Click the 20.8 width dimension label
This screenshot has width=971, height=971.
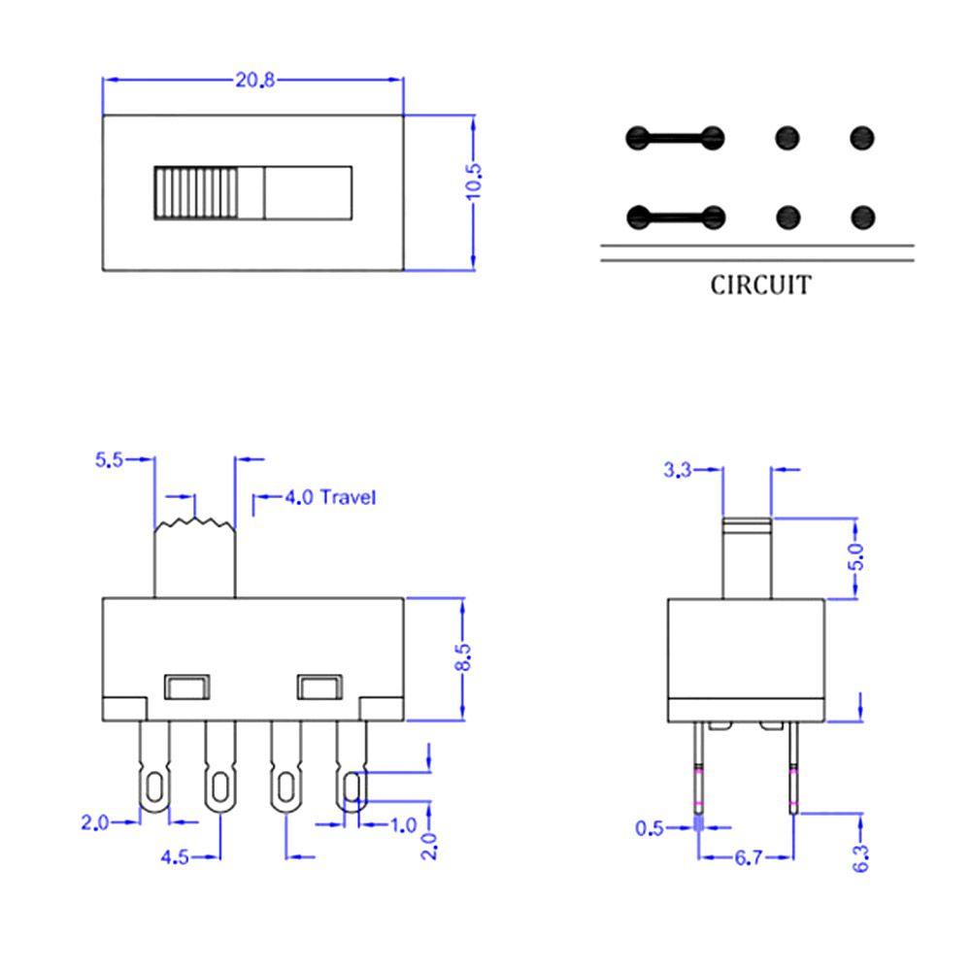coord(254,81)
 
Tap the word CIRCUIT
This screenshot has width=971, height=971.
coord(759,285)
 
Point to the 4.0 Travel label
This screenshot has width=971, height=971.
coord(329,498)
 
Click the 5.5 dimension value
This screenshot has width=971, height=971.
coord(109,460)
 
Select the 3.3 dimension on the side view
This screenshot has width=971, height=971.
coord(677,470)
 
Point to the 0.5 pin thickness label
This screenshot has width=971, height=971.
coord(650,828)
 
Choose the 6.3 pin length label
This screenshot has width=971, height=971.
coord(860,856)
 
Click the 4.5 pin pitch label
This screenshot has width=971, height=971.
coord(176,856)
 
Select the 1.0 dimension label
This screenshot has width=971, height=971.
coord(403,825)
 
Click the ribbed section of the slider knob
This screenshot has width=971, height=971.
coord(194,191)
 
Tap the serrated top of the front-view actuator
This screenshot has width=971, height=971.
coord(195,524)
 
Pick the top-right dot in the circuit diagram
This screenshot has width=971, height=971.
coord(862,138)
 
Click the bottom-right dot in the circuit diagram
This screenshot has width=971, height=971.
coord(862,217)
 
